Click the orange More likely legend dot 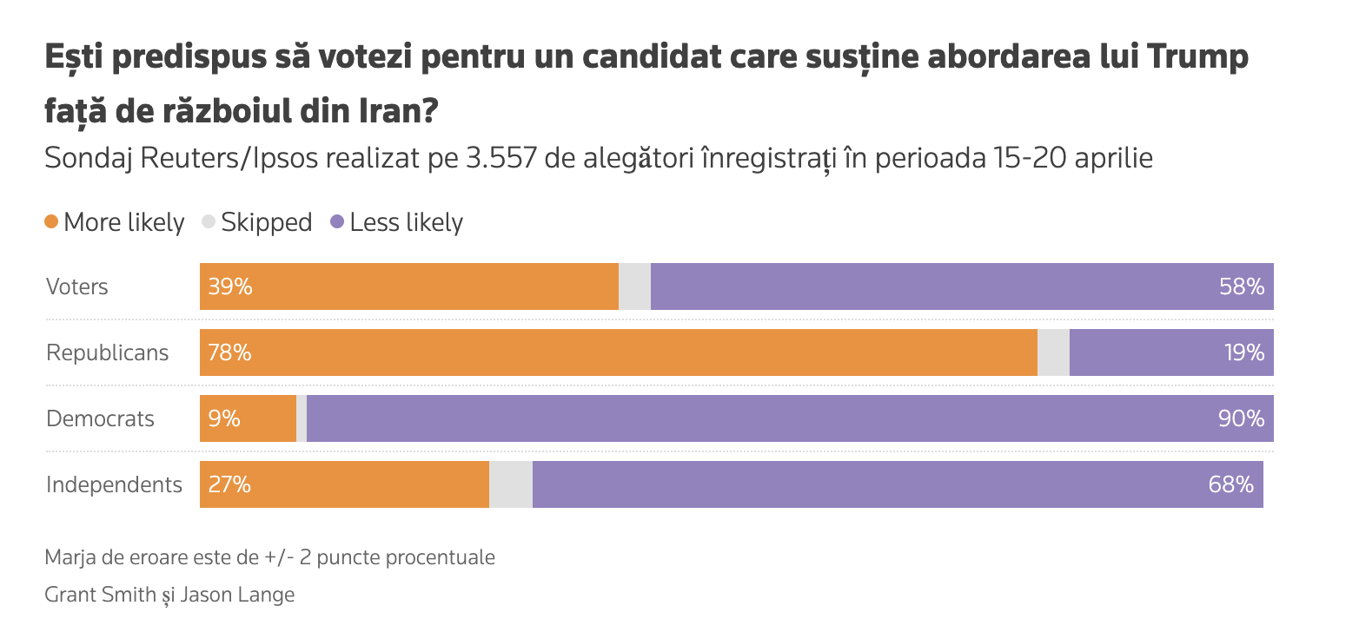pos(51,222)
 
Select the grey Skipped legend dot pos(208,222)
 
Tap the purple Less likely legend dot pos(337,222)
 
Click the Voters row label pos(77,286)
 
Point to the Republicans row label pos(107,352)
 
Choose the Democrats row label pos(100,418)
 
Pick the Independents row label pos(114,484)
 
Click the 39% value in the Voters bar pos(230,286)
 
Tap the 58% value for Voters pos(1242,286)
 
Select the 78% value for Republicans pos(230,352)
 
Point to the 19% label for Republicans pos(1243,352)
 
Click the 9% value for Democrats pos(224,418)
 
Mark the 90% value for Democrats pos(1242,418)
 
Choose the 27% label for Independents pos(229,484)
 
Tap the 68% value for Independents pos(1231,484)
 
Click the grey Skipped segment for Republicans pos(1053,352)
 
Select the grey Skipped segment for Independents pos(511,484)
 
